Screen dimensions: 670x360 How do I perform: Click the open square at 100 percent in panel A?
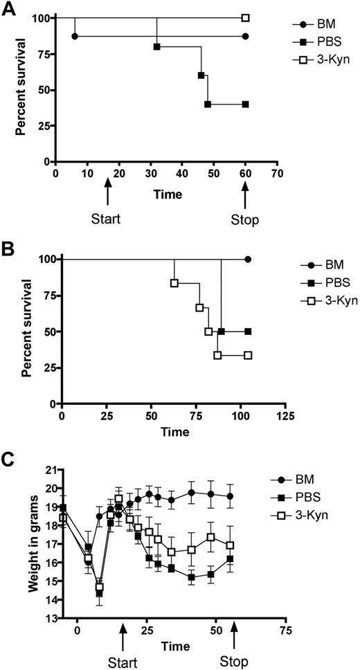pyautogui.click(x=245, y=18)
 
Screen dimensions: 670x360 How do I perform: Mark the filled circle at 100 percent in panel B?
pyautogui.click(x=248, y=260)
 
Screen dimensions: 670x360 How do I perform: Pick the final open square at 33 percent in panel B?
pyautogui.click(x=248, y=355)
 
